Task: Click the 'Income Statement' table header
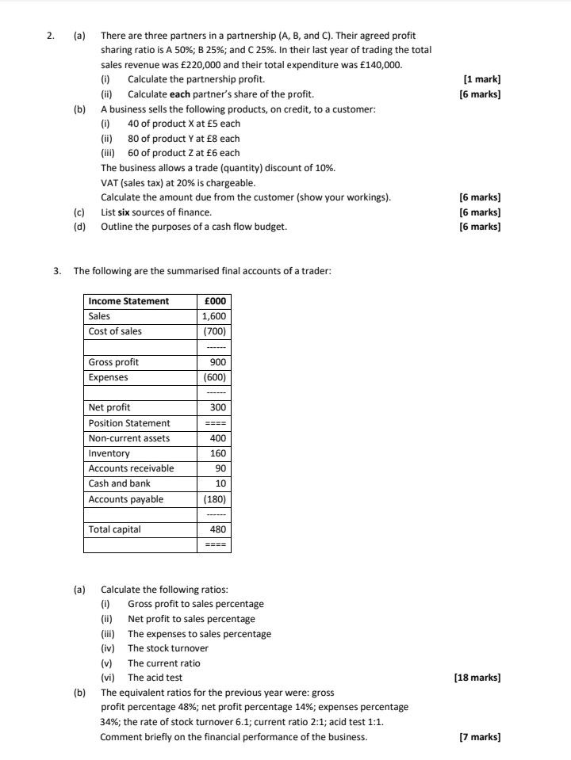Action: [x=128, y=301]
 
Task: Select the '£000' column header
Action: [x=215, y=301]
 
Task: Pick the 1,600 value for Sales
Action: [x=214, y=316]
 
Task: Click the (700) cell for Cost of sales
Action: [x=215, y=331]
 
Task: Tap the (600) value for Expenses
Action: [x=215, y=377]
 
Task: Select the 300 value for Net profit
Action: [x=218, y=407]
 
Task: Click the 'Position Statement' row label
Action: [x=129, y=423]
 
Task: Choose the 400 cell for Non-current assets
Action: [x=218, y=438]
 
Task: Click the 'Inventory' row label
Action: [x=109, y=453]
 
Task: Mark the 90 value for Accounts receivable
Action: [x=220, y=468]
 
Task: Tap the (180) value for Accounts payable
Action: [x=215, y=499]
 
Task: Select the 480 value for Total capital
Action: [x=218, y=529]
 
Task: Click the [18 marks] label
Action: [x=477, y=678]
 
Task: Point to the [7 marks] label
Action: [x=480, y=737]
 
